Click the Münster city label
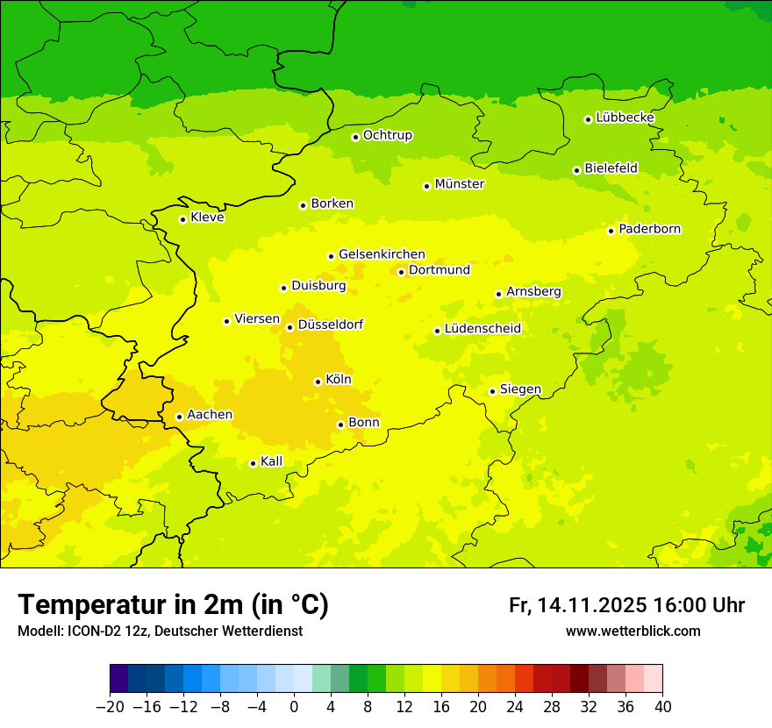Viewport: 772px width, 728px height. point(459,184)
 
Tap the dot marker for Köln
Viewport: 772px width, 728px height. point(318,382)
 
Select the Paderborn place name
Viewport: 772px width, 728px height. point(649,229)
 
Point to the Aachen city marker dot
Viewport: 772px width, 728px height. point(179,417)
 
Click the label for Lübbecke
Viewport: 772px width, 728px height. point(625,118)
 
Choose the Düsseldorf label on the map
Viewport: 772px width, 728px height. point(330,325)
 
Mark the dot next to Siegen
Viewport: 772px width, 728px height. point(492,391)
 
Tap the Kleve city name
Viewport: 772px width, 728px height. point(207,218)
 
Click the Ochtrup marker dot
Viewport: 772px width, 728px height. point(355,137)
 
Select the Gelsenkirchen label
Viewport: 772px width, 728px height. point(382,254)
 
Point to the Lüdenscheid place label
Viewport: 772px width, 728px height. point(482,329)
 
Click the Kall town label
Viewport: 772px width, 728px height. point(271,461)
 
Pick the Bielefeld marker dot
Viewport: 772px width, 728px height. point(576,170)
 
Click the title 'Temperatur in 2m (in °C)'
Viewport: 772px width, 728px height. point(173,605)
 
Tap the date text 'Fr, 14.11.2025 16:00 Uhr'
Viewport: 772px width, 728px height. point(626,605)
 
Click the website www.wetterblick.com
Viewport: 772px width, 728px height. point(633,631)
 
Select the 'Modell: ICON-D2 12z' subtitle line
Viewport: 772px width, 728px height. point(160,631)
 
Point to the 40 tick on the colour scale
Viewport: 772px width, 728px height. point(662,707)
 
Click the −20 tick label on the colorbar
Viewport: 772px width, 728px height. point(110,707)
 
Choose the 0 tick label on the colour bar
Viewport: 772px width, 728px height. point(294,707)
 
